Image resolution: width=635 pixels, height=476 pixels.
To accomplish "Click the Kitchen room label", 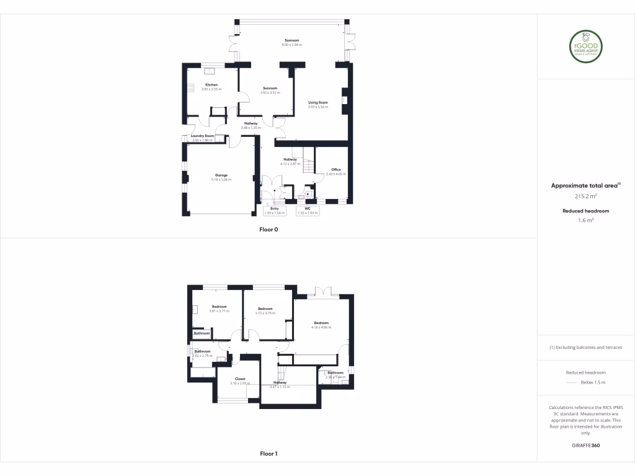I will [x=211, y=85].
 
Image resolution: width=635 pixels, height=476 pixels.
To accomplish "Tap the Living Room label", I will [x=318, y=102].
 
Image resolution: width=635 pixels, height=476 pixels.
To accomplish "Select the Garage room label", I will [x=221, y=175].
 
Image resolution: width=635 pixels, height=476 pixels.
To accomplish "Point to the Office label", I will [x=335, y=169].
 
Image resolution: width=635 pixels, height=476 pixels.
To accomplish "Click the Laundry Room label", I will [x=202, y=136].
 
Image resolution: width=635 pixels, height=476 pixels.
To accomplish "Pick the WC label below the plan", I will [x=308, y=209].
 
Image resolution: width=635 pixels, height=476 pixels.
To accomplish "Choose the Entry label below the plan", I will [x=274, y=209].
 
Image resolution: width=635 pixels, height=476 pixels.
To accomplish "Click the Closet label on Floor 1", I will [x=239, y=379].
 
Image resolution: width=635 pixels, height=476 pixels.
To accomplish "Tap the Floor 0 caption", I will [x=269, y=229].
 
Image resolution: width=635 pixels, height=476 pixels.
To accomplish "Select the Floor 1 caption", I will [x=269, y=454].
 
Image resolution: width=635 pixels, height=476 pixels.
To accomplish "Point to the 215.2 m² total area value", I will [x=586, y=196].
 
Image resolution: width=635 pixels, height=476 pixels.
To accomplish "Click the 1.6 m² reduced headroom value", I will [x=586, y=220].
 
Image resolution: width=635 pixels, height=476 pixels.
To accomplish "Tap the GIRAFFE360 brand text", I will [x=586, y=446].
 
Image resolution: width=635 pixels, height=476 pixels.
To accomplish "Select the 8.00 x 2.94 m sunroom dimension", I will [x=291, y=45].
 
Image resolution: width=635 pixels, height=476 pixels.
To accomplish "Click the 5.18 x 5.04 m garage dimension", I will [x=221, y=180].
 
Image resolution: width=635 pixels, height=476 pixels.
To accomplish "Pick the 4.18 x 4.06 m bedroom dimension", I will [x=321, y=327].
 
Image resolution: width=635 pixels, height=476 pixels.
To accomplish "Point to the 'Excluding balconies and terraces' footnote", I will [x=586, y=347].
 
